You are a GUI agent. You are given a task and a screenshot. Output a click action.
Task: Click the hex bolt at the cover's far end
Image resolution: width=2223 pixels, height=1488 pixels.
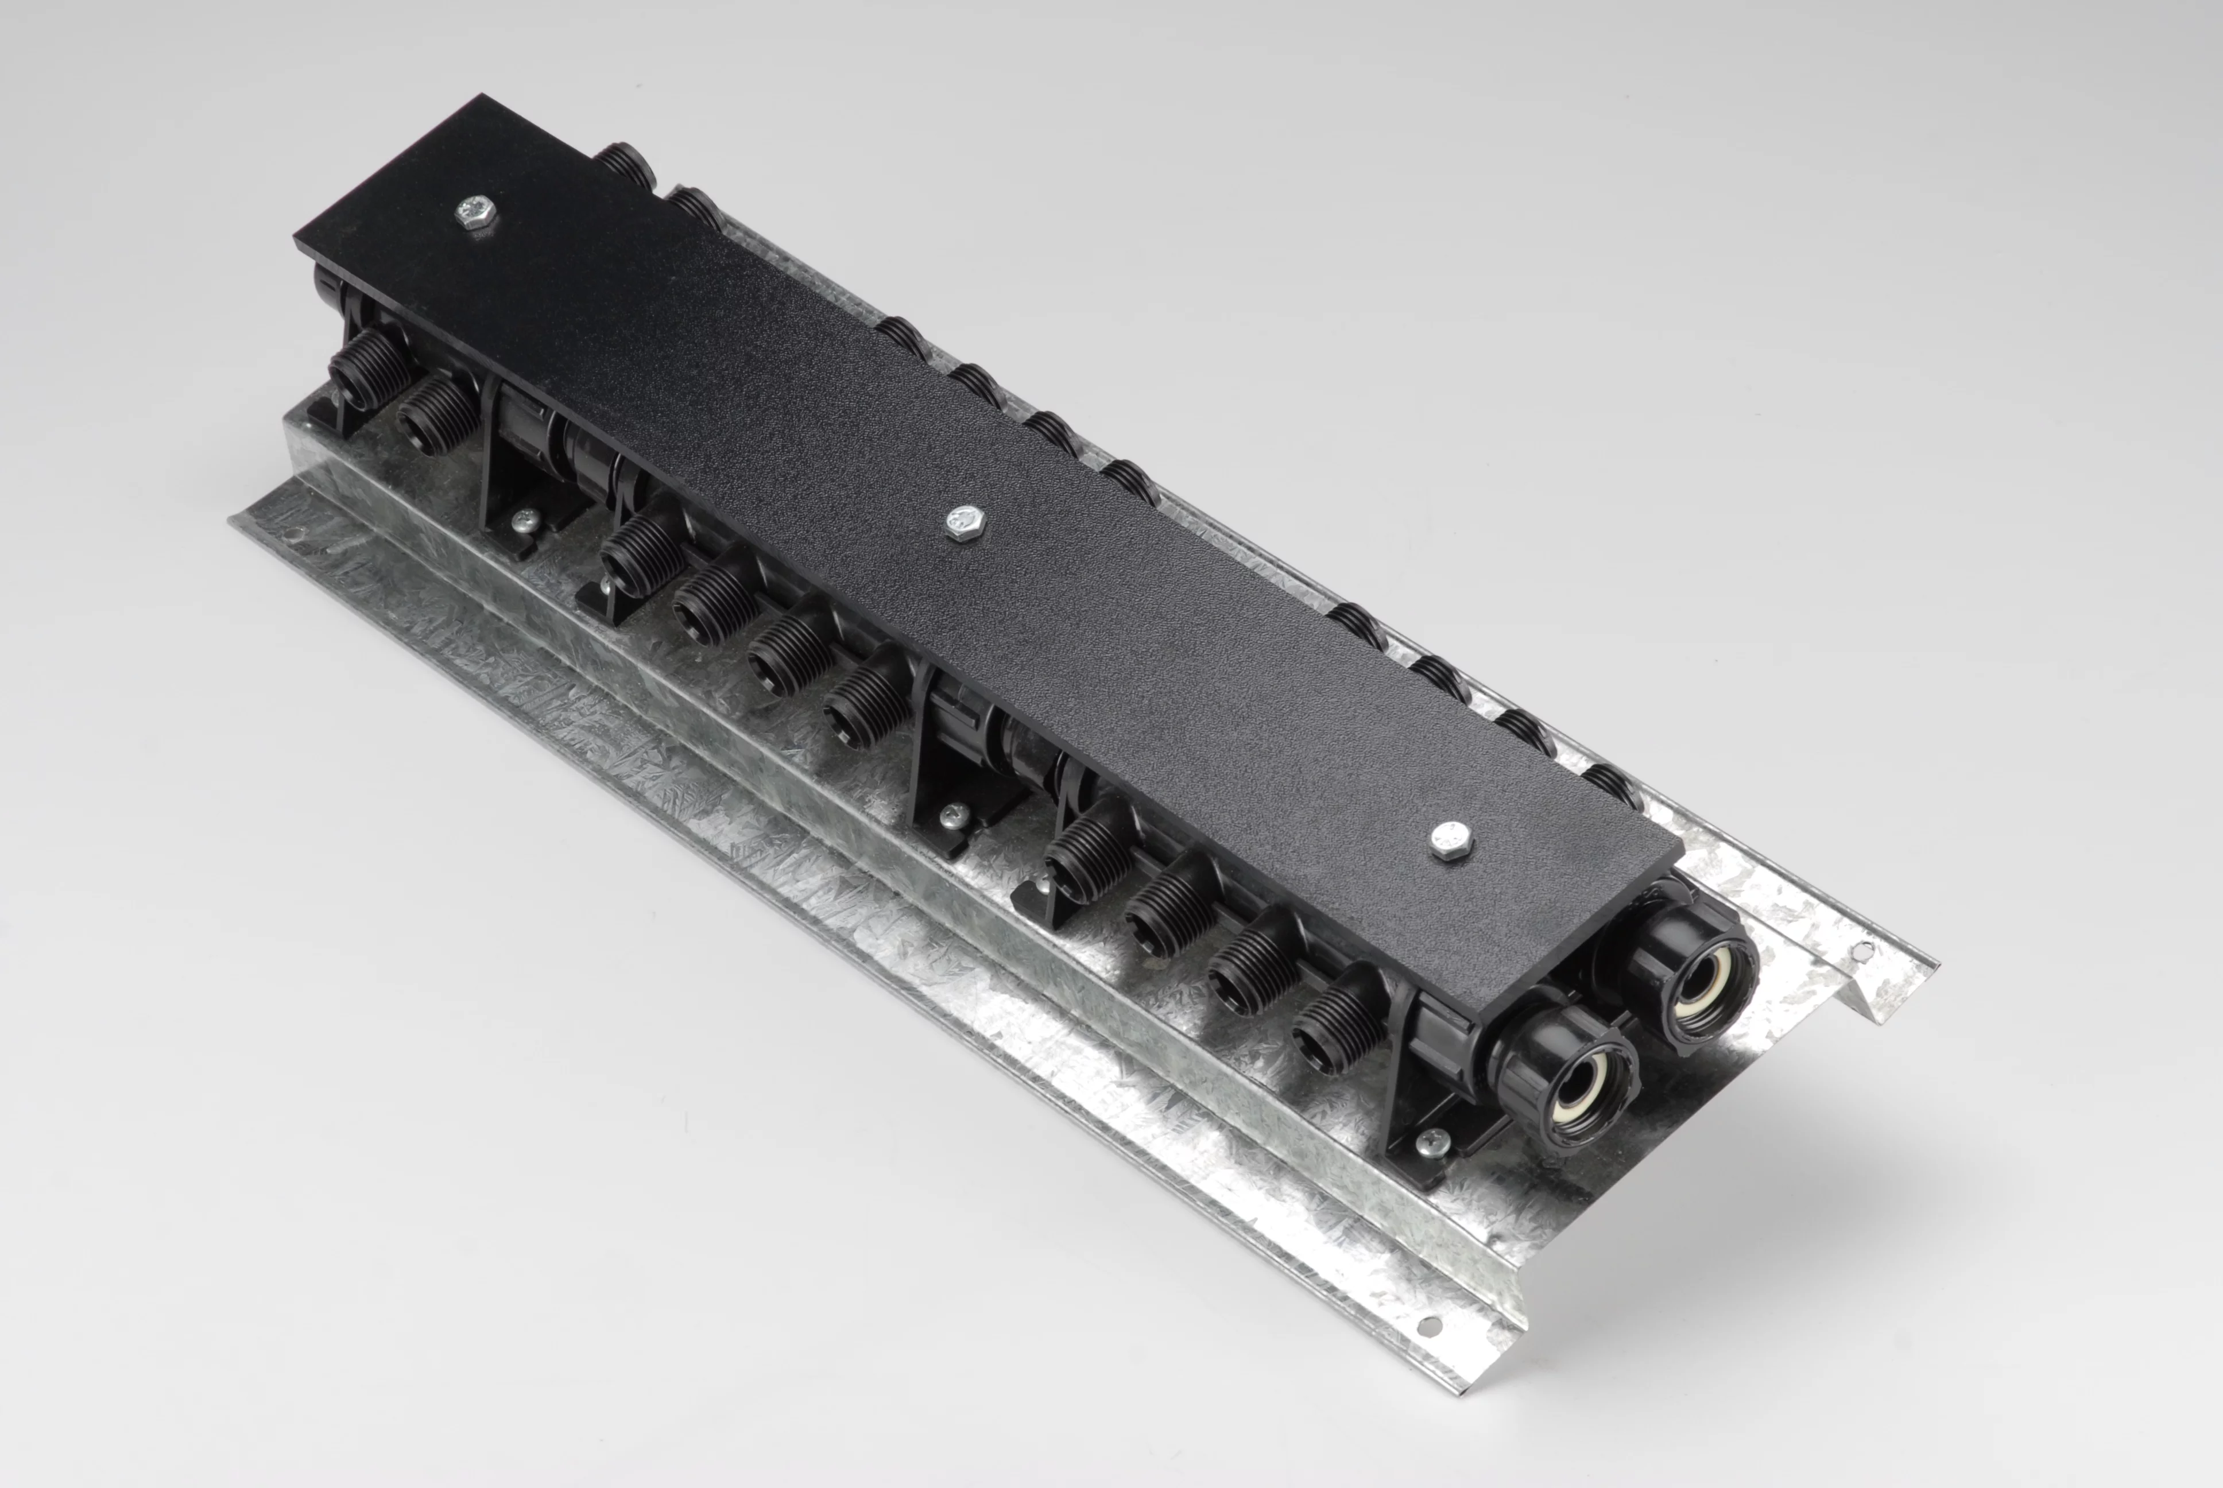pyautogui.click(x=474, y=215)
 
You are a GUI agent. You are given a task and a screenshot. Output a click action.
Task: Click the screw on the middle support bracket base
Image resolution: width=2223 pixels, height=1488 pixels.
pyautogui.click(x=952, y=813)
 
